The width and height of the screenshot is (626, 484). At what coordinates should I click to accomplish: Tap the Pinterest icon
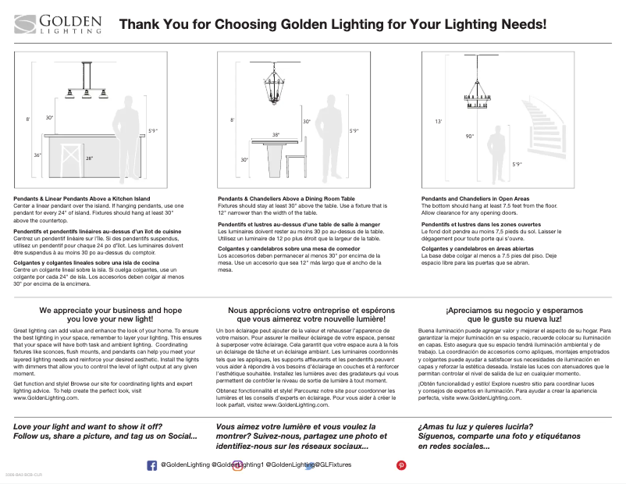(401, 464)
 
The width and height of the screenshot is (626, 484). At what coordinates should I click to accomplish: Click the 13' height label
(438, 122)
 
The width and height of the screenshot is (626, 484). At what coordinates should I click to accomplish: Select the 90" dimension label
(469, 136)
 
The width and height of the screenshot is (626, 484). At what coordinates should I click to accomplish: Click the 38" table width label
(276, 134)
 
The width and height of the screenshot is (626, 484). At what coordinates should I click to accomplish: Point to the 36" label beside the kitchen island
(37, 155)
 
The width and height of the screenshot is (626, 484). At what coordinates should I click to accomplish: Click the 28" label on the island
(90, 158)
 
